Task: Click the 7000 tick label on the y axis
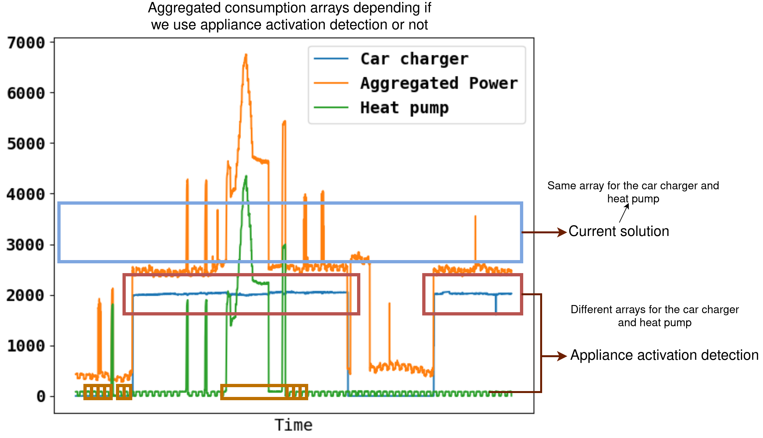[x=26, y=43]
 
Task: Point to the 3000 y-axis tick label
[x=26, y=245]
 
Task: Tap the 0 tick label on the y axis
[x=41, y=396]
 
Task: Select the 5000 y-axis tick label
[x=26, y=144]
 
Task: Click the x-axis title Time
[x=294, y=425]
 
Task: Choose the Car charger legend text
[x=414, y=59]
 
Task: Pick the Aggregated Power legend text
[x=439, y=83]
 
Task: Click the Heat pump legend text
[x=404, y=108]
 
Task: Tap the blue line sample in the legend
[x=331, y=59]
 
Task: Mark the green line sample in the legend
[x=331, y=108]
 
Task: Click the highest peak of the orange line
[x=246, y=55]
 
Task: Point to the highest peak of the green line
[x=246, y=176]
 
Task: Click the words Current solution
[x=619, y=231]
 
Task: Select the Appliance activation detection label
[x=665, y=355]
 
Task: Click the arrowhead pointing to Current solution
[x=562, y=232]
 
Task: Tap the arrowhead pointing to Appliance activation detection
[x=562, y=356]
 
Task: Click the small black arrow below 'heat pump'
[x=624, y=213]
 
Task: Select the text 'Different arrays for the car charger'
[x=655, y=309]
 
